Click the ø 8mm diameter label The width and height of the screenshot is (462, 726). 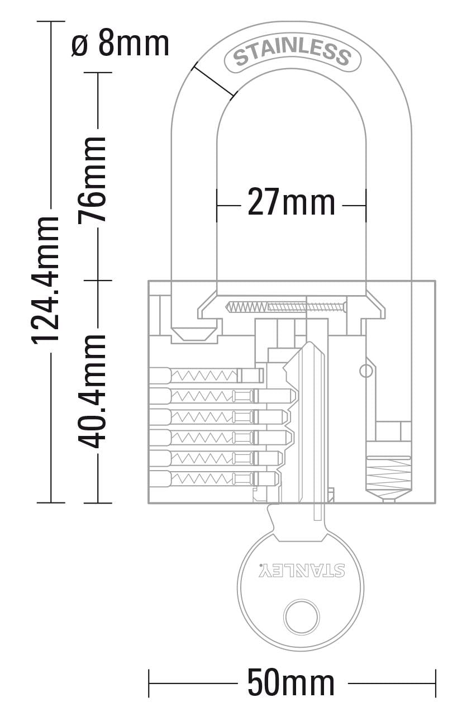(120, 44)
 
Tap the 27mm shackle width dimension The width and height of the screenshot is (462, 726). (291, 203)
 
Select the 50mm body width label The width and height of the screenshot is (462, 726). (291, 682)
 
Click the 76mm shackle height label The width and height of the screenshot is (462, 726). (92, 179)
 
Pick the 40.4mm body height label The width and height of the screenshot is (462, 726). (92, 391)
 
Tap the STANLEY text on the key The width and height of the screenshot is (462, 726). (302, 571)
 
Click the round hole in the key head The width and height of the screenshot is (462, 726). (302, 617)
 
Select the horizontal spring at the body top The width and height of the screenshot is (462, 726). (285, 307)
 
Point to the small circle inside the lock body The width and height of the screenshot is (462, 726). (365, 371)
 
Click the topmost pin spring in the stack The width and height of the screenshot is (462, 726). (204, 375)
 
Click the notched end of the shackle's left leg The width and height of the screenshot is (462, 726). (194, 334)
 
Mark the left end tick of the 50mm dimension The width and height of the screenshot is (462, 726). (149, 682)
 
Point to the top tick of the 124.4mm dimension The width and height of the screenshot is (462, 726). (51, 21)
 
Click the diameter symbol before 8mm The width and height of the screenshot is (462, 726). (80, 45)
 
